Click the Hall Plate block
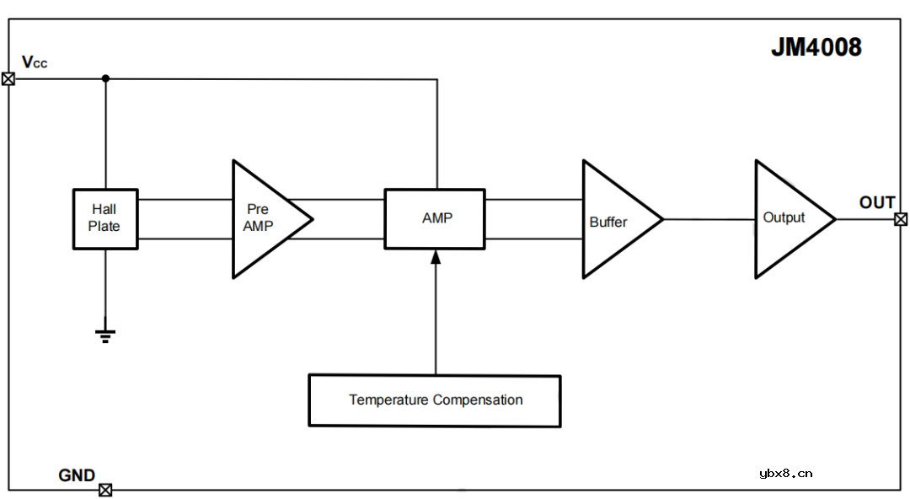click(x=104, y=218)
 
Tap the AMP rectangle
click(x=435, y=218)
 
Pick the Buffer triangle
click(x=613, y=220)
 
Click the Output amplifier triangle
click(x=787, y=218)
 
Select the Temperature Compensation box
click(x=435, y=400)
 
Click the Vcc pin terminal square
click(x=8, y=79)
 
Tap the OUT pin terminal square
click(x=901, y=219)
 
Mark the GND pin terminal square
click(x=105, y=490)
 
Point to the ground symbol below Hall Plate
click(x=105, y=335)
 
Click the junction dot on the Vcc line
click(x=105, y=79)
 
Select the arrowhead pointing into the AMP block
click(x=436, y=257)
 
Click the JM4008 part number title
click(x=816, y=48)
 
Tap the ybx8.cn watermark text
click(x=785, y=473)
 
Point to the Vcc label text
click(x=35, y=62)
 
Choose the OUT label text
click(x=876, y=203)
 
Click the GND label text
click(x=77, y=475)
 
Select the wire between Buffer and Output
click(x=708, y=219)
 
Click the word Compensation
click(x=478, y=400)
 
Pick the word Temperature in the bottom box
click(x=388, y=400)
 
